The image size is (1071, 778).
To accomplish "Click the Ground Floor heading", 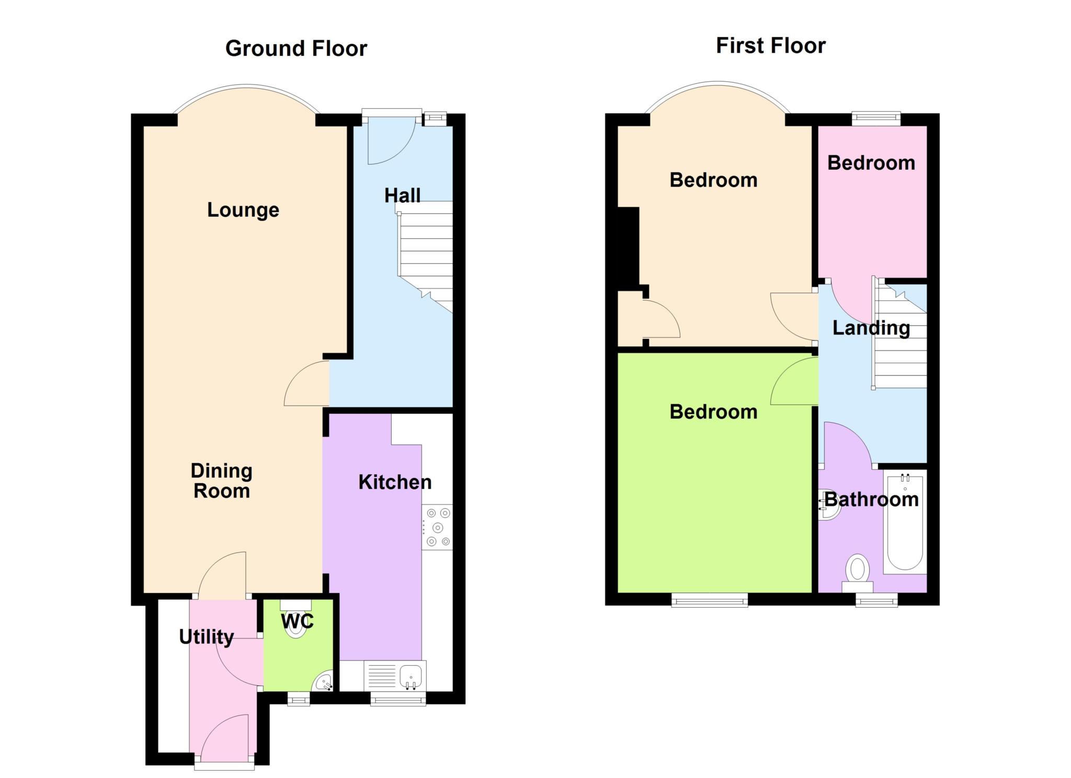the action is coord(296,49).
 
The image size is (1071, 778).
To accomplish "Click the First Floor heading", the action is coord(770,46).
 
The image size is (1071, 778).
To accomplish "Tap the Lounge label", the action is coord(243,210).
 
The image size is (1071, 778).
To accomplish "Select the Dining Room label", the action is coord(222,481).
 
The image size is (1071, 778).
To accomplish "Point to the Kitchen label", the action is coord(395,482).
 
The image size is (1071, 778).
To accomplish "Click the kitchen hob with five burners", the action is coord(437,527).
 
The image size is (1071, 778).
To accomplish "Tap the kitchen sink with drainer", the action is coord(395,676).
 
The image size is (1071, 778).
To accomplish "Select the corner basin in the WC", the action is coord(323,681).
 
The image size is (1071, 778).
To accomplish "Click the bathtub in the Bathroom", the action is coord(905,521).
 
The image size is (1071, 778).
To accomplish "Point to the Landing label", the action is coord(871,328).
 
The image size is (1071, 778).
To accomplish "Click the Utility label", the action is coord(207,637).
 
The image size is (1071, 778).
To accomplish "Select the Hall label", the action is coord(402,195).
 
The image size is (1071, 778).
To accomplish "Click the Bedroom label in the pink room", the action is coord(871,163).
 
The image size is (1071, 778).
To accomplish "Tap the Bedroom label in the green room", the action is coord(713,412).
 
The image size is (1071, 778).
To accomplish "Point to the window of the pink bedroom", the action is coord(876,119).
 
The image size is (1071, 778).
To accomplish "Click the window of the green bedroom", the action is coord(710,600).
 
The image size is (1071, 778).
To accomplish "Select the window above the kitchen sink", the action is coord(398,699).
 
